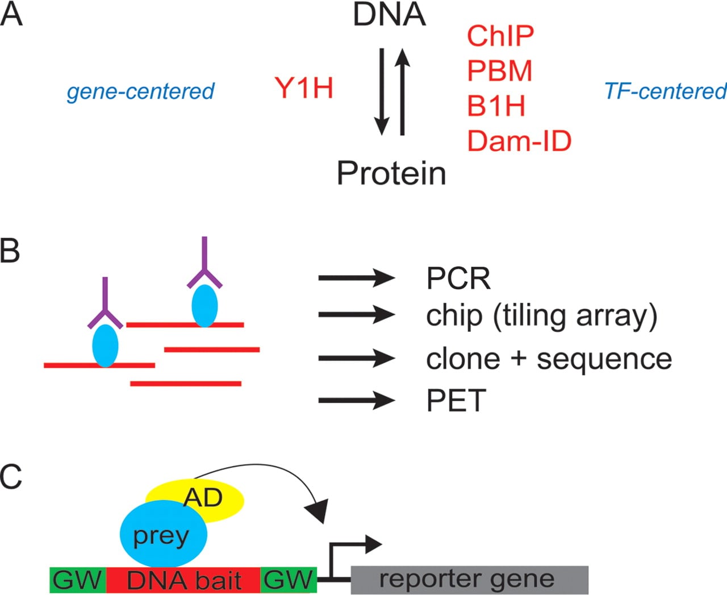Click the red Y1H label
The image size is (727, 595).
point(304,88)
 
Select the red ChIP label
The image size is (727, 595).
point(500,36)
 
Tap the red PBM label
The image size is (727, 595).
point(500,70)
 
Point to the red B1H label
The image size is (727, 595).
point(496,106)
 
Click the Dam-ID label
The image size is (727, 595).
point(520,141)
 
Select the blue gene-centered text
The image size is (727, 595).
point(141,91)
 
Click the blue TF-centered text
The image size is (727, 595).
point(666,91)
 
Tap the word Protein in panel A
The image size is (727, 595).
point(391,173)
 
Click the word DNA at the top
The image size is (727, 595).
point(390,14)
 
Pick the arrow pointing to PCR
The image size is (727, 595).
point(357,278)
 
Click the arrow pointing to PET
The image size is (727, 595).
point(357,400)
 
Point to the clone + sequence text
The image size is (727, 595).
point(549,359)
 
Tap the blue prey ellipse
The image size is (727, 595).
point(164,534)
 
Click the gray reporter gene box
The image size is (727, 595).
point(470,580)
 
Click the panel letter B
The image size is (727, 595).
point(10,251)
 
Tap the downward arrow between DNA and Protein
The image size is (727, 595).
point(382,91)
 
